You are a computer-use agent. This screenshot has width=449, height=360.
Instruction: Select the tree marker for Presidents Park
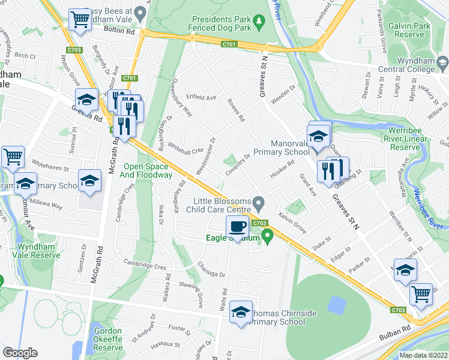259,23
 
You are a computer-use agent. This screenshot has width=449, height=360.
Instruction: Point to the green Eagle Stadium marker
268,238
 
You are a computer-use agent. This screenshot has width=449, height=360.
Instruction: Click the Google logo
20,353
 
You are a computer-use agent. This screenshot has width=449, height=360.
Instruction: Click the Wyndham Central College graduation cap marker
442,61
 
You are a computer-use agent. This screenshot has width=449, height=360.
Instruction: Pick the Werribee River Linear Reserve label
405,139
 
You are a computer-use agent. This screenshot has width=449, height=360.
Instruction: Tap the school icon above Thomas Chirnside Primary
241,312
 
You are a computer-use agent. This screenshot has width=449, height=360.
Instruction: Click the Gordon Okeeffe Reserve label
108,339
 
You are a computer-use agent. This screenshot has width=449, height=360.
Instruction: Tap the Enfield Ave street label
201,97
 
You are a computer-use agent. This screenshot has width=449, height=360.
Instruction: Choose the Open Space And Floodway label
149,171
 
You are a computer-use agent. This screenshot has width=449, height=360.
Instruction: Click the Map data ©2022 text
423,355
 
